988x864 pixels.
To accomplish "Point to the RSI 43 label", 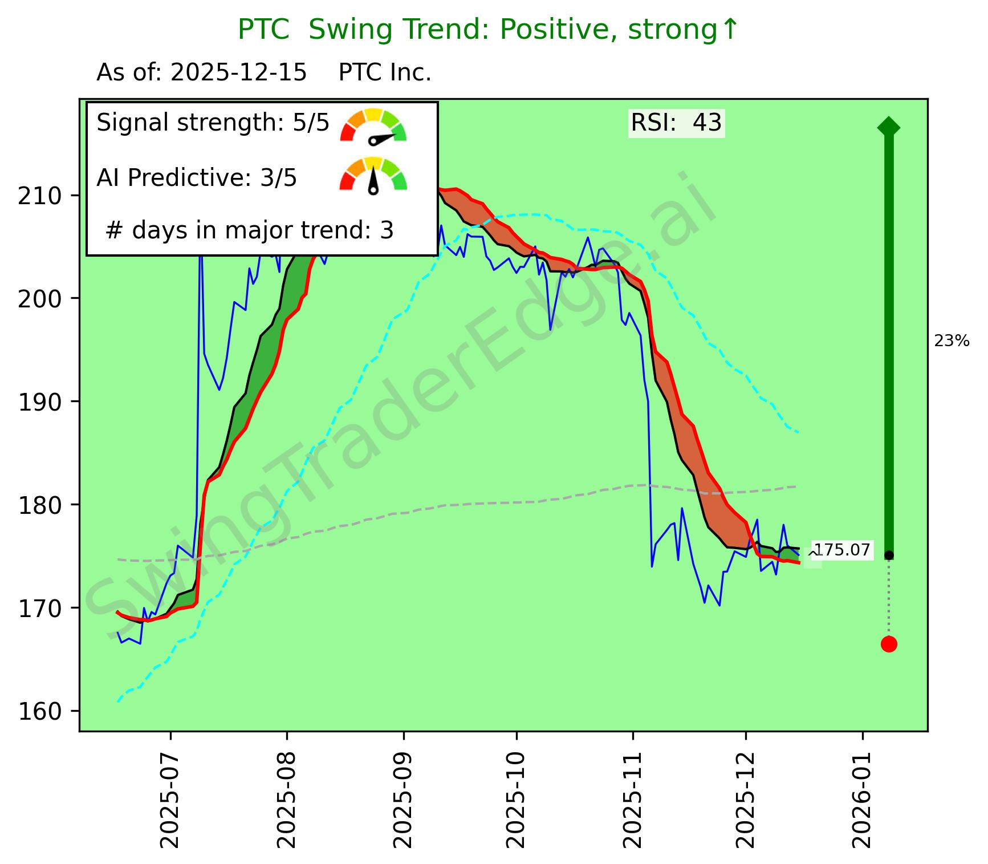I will [x=676, y=123].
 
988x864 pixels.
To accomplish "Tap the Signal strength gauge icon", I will [x=373, y=125].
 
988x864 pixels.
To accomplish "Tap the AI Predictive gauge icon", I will [x=373, y=175].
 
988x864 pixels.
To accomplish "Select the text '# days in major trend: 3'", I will [x=250, y=230].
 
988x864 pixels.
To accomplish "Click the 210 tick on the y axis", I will [x=40, y=196].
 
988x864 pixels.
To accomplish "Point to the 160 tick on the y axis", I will [x=40, y=711].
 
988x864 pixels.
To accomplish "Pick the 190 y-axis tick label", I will [x=40, y=402].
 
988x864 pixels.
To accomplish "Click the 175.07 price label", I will [x=841, y=550].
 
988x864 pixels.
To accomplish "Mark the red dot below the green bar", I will [x=889, y=644].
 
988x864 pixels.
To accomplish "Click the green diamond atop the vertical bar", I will [x=889, y=126].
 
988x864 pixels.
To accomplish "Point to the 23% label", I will [x=952, y=342].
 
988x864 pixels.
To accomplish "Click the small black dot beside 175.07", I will [x=889, y=555].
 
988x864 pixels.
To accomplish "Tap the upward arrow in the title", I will [x=730, y=30].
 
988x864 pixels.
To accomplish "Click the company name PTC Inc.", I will [x=385, y=73].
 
